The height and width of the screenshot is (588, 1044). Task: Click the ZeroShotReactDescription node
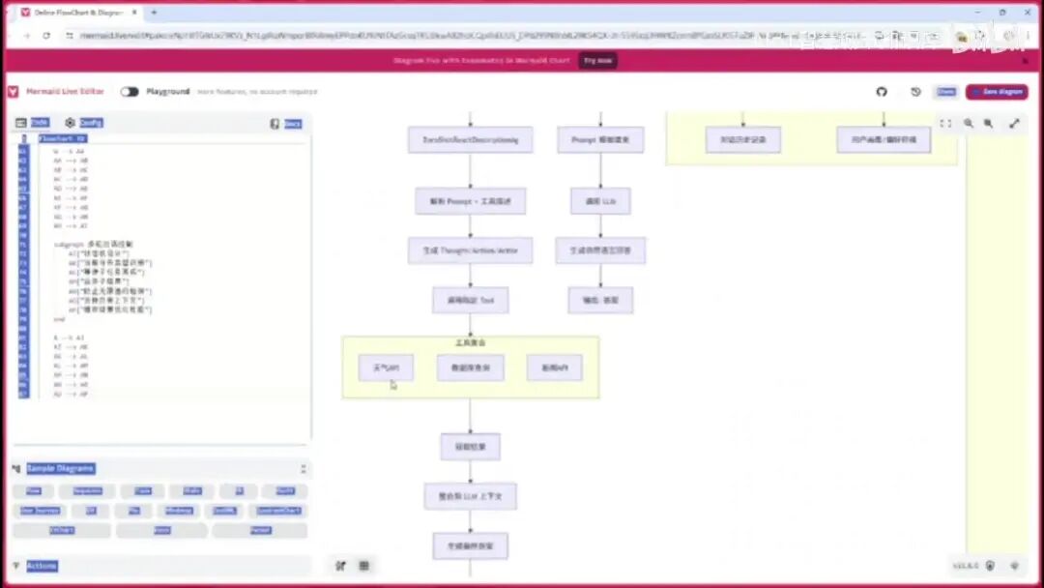coord(470,140)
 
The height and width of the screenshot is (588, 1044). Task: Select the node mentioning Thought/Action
coord(470,250)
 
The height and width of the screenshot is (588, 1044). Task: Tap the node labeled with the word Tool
coord(470,300)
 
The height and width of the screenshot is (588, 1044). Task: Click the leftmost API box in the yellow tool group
coord(386,367)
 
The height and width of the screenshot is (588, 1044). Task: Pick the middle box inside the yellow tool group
coord(470,367)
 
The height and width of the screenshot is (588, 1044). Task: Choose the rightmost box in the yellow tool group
coord(554,367)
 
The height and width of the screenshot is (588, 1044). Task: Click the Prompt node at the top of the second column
coord(600,140)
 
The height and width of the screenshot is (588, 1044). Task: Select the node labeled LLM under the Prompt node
coord(600,201)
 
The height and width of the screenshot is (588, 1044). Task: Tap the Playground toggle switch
coord(130,92)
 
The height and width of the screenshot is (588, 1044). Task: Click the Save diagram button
coord(997,92)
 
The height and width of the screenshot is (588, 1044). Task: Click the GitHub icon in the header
coord(882,92)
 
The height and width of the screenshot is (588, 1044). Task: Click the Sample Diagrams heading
coord(60,468)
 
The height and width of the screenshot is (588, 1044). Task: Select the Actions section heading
coord(42,566)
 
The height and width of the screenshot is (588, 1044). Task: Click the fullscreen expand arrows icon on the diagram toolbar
coord(1014,124)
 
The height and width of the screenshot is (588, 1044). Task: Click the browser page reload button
coord(46,35)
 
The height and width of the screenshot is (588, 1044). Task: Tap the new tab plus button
coord(154,12)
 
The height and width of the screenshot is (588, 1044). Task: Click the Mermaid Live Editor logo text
coord(65,92)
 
